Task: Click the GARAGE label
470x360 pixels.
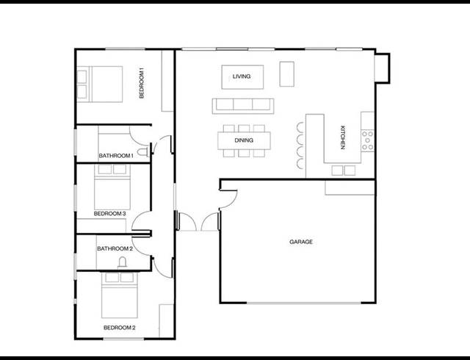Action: pyautogui.click(x=301, y=242)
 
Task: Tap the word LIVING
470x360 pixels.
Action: pyautogui.click(x=242, y=76)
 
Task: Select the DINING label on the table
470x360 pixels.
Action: pyautogui.click(x=244, y=140)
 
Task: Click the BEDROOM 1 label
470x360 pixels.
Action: pyautogui.click(x=142, y=82)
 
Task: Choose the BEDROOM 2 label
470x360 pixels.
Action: pyautogui.click(x=119, y=327)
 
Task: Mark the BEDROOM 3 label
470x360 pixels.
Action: pyautogui.click(x=110, y=214)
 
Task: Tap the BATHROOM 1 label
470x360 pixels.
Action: pyautogui.click(x=116, y=156)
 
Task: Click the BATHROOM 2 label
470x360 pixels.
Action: pyautogui.click(x=115, y=248)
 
